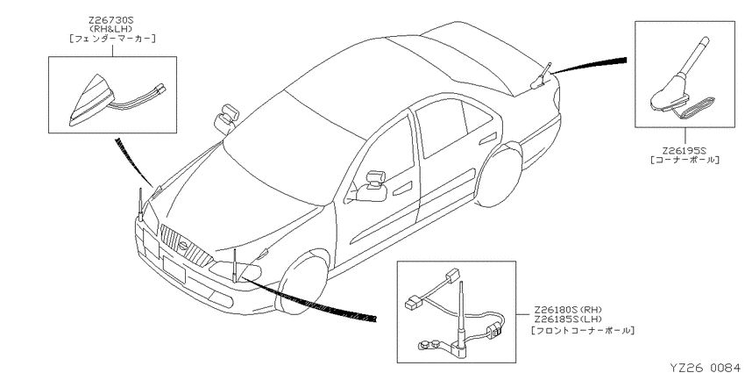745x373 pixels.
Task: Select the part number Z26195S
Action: [685, 151]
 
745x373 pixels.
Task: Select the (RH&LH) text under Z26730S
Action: [112, 30]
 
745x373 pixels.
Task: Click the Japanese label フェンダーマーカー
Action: [112, 39]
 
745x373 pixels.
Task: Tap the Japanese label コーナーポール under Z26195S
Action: [685, 161]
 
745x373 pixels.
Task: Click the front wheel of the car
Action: [302, 285]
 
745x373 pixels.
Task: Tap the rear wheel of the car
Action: [499, 176]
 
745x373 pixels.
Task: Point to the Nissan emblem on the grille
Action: [183, 246]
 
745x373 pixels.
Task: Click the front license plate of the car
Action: [173, 269]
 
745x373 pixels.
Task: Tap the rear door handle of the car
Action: [487, 140]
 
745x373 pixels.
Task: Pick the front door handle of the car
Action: [402, 189]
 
